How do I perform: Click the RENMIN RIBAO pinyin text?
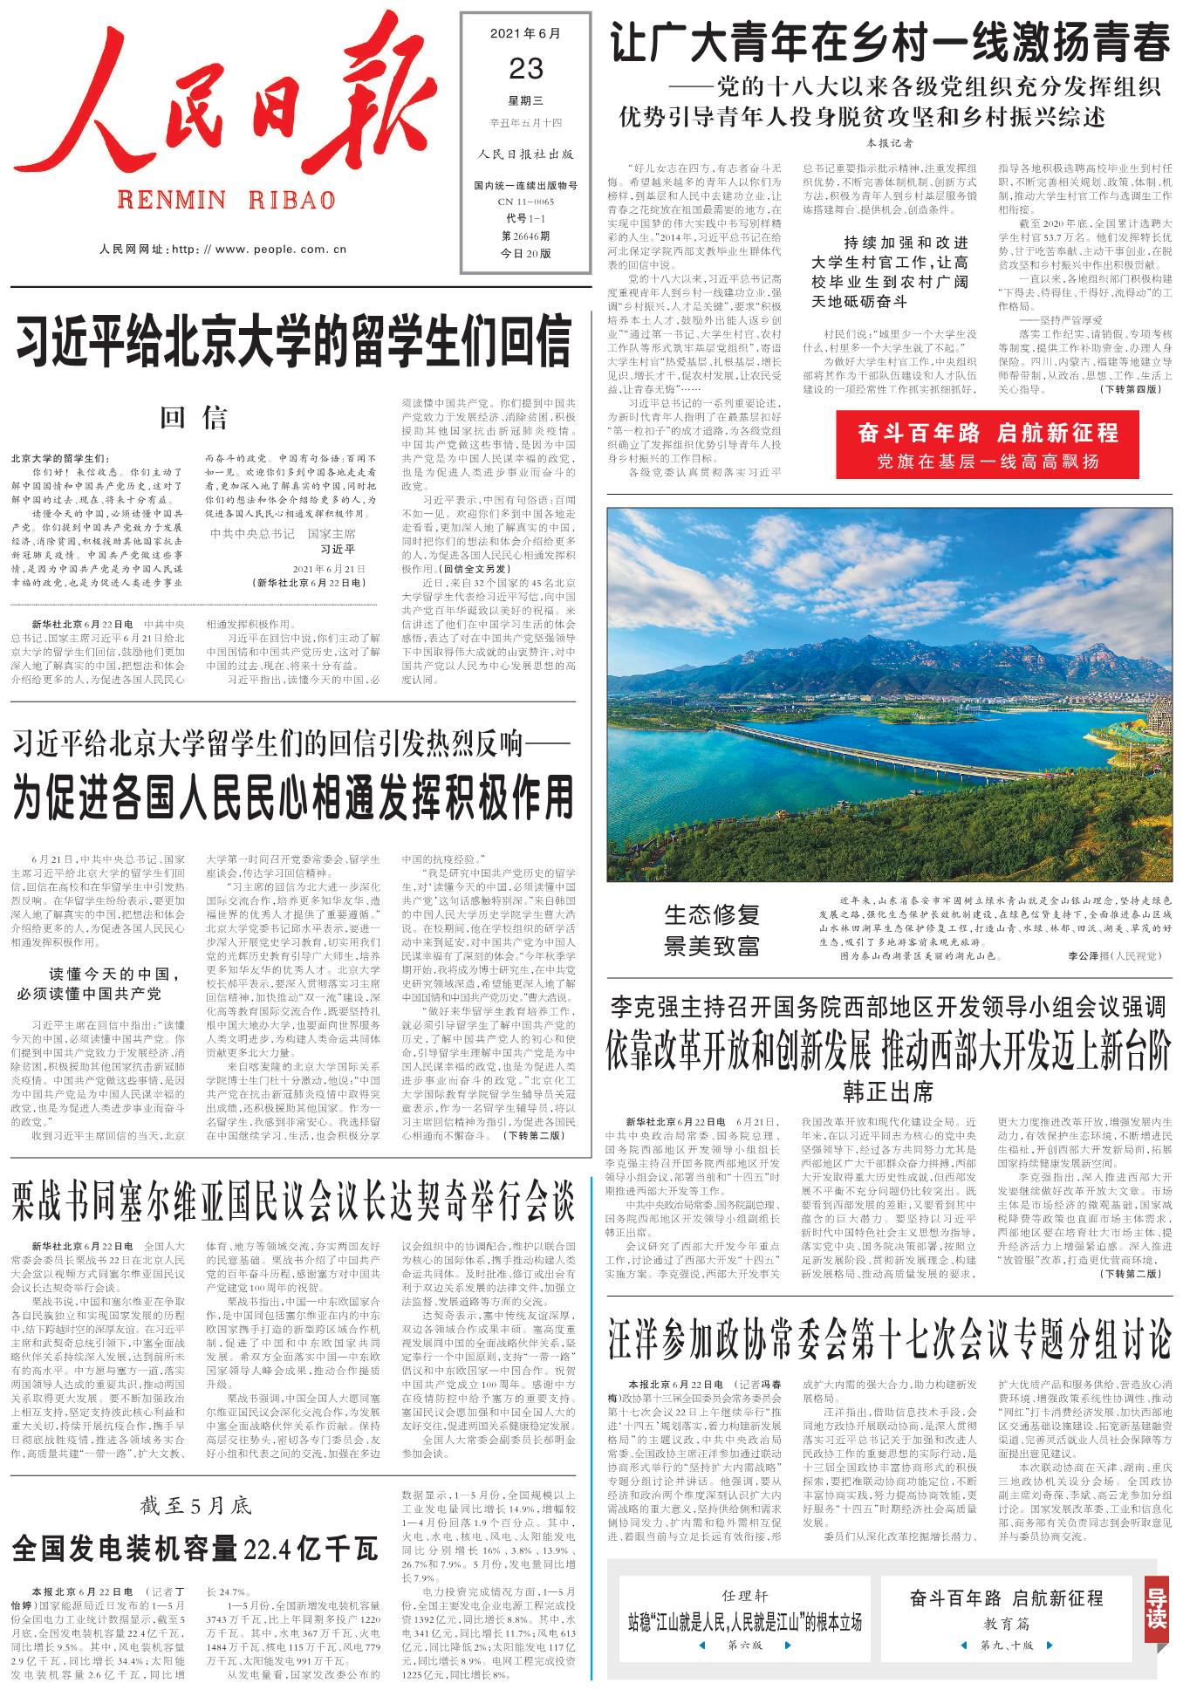[x=226, y=201]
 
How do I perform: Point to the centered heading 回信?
[x=194, y=419]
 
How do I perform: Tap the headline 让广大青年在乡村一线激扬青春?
[x=890, y=44]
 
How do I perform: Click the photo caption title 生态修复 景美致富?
[x=712, y=930]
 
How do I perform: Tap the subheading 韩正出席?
[x=888, y=1091]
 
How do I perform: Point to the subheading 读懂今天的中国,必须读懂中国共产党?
[x=99, y=983]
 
